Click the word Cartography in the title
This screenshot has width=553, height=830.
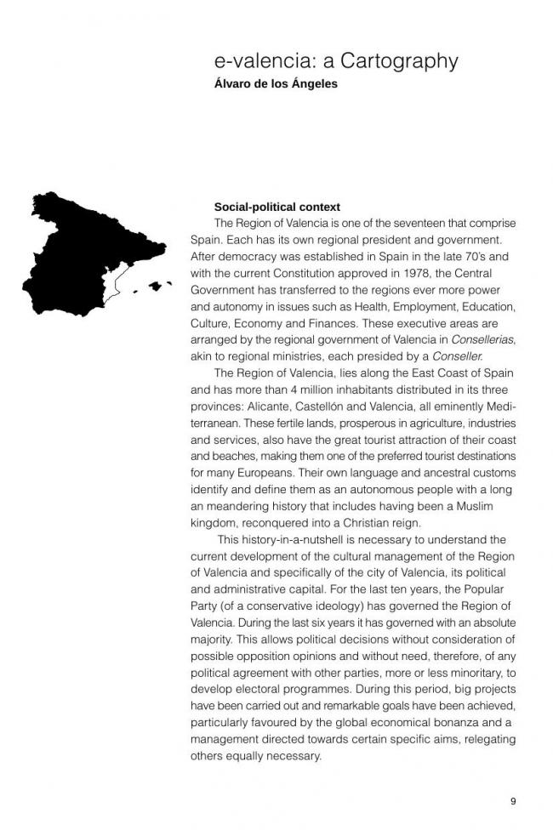(401, 61)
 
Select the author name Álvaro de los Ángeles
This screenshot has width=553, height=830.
(276, 84)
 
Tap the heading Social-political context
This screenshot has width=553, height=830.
(277, 207)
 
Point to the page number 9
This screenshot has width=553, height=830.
(513, 801)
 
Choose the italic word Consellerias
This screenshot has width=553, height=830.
(482, 340)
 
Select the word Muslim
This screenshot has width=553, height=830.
(470, 506)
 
